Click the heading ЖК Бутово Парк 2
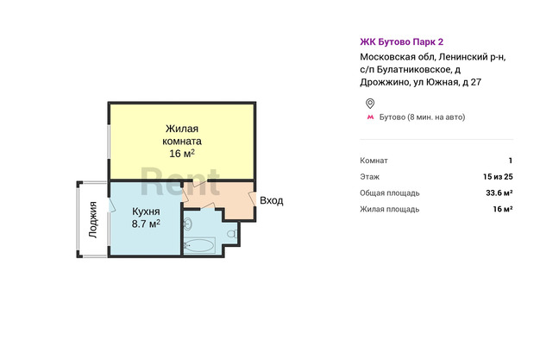[402, 41]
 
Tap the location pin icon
[370, 104]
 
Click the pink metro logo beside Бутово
[370, 117]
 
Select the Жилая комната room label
[182, 135]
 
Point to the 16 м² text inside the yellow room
[182, 153]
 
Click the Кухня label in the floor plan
[146, 212]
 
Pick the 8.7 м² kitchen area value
[146, 224]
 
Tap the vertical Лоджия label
[92, 219]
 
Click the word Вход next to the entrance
[272, 200]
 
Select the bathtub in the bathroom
[200, 245]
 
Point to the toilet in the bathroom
[232, 234]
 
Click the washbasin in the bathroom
[188, 224]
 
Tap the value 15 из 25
[498, 177]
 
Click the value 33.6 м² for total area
[499, 193]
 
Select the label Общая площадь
[390, 193]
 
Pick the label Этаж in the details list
[369, 177]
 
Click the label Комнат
[374, 161]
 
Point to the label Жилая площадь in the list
[390, 209]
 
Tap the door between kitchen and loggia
[111, 205]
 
